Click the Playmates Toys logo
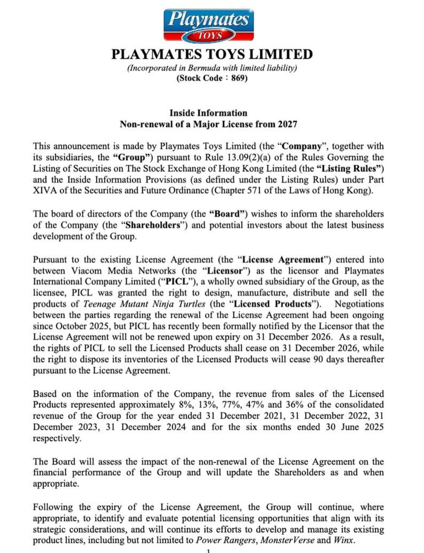208,25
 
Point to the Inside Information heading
208,113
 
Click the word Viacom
86,271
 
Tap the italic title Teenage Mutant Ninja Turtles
144,304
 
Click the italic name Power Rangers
226,540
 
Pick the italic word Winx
343,540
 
